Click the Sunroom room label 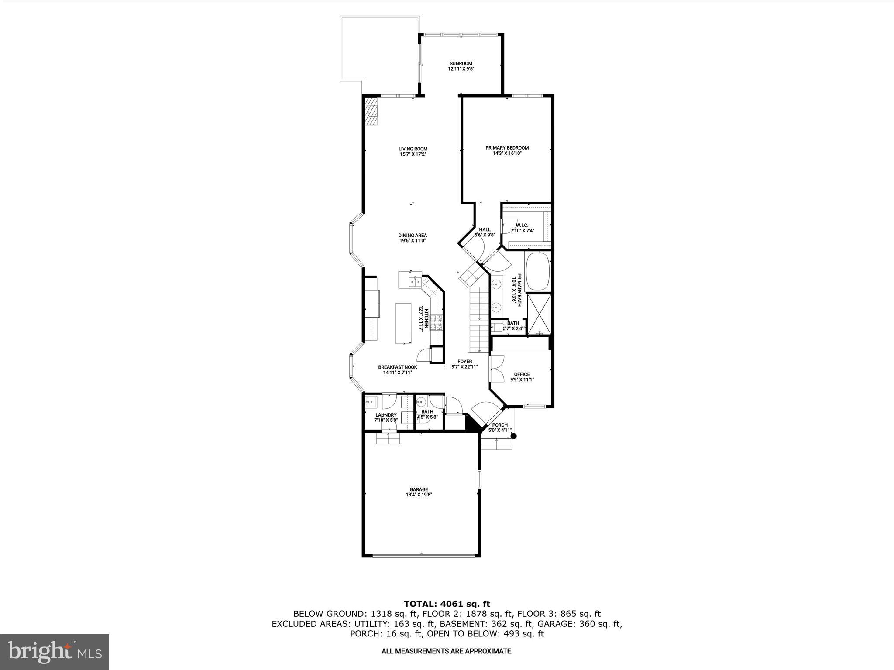coord(461,63)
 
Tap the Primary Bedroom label coord(507,148)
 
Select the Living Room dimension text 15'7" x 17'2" coord(413,154)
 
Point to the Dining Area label coord(413,235)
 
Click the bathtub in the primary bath coord(538,272)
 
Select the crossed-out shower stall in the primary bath coord(539,314)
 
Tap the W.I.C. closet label coord(522,225)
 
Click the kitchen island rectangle coord(98,323)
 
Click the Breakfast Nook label coord(397,367)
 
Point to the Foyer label coord(464,361)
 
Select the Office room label coord(522,374)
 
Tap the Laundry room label coord(386,415)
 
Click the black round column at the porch coord(514,436)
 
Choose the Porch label coord(500,425)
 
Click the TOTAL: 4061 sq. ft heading coord(447,604)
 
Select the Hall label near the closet coord(485,229)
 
